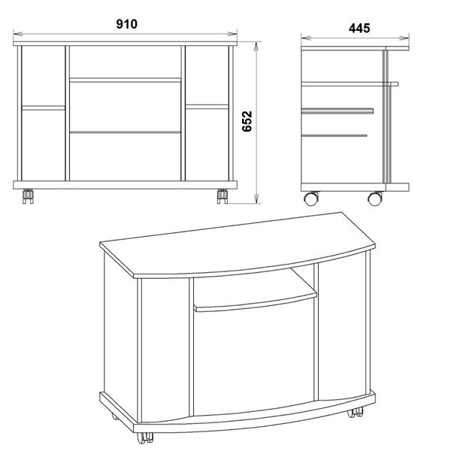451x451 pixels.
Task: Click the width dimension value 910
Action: pos(126,24)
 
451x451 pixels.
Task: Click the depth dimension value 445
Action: pos(359,29)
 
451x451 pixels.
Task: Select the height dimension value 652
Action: pos(247,121)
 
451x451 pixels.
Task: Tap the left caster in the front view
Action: pos(28,196)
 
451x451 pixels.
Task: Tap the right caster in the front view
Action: pos(222,196)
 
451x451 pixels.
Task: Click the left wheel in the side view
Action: pos(311,198)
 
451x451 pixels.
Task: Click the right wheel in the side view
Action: pos(375,198)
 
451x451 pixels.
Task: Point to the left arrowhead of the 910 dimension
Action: pos(18,34)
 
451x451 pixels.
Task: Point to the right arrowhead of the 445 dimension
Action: pos(404,38)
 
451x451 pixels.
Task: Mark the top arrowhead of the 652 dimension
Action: pos(256,47)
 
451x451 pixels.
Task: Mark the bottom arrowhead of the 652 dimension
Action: pos(256,198)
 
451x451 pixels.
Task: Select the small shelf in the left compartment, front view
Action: pos(44,107)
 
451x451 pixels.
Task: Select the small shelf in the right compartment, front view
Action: pos(207,107)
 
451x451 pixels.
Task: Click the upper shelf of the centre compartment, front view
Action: pos(126,80)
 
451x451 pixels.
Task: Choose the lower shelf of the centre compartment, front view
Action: pos(126,132)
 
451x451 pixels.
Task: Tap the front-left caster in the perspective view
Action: pos(144,437)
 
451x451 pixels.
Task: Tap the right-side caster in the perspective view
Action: pos(356,413)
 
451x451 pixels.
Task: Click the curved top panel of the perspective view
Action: pos(238,244)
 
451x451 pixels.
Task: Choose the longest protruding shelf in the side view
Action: pos(350,84)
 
